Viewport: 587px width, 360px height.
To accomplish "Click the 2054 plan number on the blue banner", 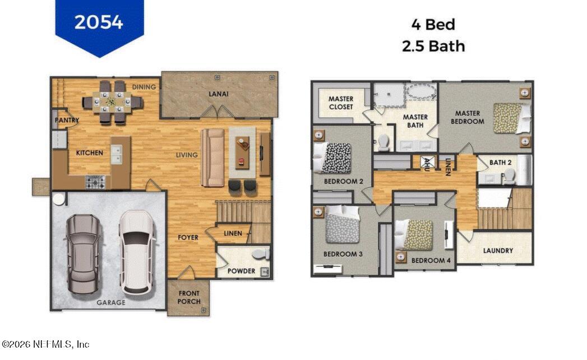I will [99, 21].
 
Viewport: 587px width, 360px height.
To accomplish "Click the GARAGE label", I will [110, 302].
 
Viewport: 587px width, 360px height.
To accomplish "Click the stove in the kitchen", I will [95, 182].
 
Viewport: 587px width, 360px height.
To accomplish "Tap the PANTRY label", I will [67, 120].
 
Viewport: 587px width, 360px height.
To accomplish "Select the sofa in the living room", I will [212, 157].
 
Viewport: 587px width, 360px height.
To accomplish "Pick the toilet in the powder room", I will [260, 254].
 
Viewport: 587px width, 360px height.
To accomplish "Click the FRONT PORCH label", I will [189, 297].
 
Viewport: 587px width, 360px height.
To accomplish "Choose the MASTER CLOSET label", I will [341, 103].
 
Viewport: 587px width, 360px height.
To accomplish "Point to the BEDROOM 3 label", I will [343, 254].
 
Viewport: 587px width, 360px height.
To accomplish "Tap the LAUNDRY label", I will [498, 250].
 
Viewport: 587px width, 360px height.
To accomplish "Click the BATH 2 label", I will [500, 163].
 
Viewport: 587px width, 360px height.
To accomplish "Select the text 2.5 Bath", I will [433, 46].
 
